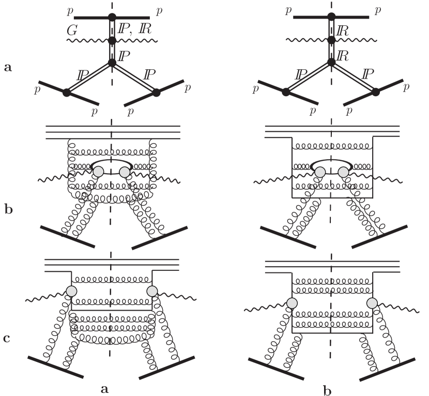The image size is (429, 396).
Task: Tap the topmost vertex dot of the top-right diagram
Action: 331,17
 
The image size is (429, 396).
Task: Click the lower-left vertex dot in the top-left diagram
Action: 66,93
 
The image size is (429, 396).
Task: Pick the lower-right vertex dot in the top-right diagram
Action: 376,92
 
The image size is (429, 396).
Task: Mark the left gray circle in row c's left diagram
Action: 71,291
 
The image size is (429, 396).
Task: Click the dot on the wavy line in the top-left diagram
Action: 112,40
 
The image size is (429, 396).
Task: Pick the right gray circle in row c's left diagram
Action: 152,291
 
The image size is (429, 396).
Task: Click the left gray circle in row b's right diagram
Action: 320,172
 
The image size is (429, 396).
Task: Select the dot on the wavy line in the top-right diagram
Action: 331,40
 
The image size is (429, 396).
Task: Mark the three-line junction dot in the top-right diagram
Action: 331,63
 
